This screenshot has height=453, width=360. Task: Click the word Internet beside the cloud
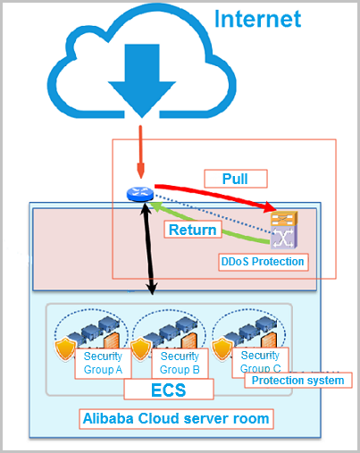(257, 19)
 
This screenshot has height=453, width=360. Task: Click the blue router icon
(140, 194)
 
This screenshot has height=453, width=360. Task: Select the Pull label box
(236, 179)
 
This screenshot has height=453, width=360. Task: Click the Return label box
(193, 230)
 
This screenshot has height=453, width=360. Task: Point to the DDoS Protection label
(263, 262)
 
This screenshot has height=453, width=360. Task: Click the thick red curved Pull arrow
(215, 195)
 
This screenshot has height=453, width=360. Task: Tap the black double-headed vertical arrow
(149, 248)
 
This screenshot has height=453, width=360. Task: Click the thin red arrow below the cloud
(140, 152)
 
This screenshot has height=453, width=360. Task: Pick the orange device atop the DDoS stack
(284, 219)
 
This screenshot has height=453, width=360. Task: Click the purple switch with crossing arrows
(284, 238)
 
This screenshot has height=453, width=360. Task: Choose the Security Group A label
(103, 363)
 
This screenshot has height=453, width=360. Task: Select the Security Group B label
(180, 363)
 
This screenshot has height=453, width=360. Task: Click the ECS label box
(169, 390)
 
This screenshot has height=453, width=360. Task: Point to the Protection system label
(298, 381)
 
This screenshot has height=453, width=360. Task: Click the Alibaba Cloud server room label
(176, 419)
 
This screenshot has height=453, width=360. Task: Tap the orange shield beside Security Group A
(65, 348)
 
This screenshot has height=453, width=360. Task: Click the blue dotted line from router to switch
(213, 214)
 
